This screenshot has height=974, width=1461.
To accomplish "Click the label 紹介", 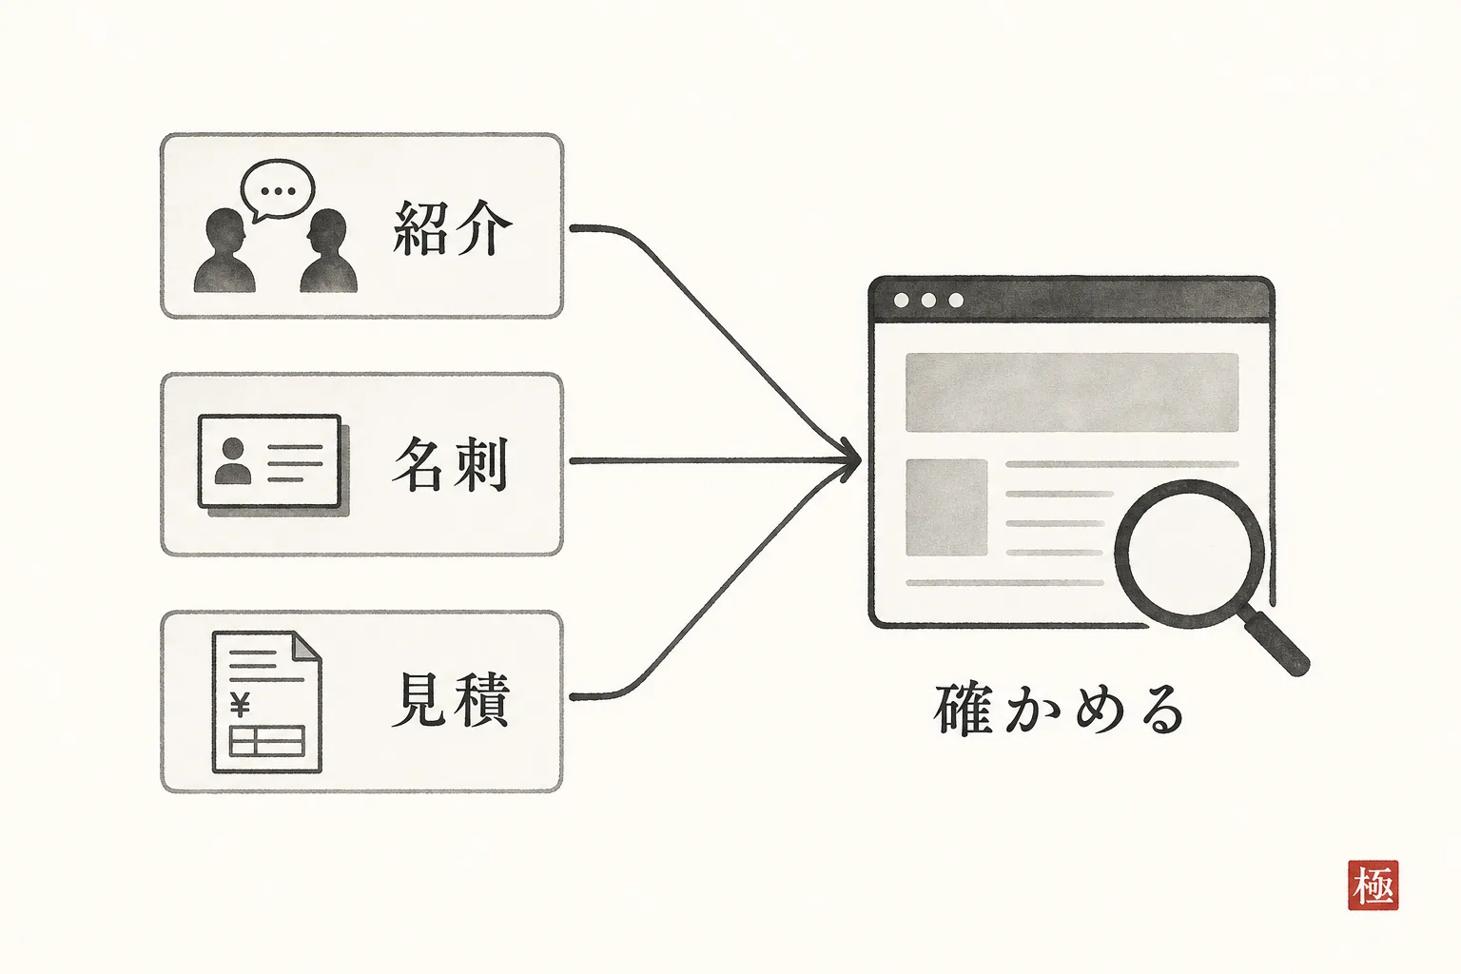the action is pyautogui.click(x=453, y=227).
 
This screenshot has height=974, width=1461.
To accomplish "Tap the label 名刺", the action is pyautogui.click(x=450, y=464).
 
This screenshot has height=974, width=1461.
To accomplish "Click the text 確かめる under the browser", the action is pyautogui.click(x=1059, y=710).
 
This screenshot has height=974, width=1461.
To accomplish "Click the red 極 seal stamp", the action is pyautogui.click(x=1373, y=886).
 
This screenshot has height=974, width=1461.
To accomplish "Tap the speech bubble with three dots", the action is pyautogui.click(x=277, y=190).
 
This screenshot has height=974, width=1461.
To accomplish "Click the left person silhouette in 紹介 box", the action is pyautogui.click(x=224, y=250).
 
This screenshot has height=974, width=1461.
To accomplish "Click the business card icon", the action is pyautogui.click(x=273, y=465).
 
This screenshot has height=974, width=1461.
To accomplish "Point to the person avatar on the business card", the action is pyautogui.click(x=233, y=460).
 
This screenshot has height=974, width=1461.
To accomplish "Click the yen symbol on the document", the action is pyautogui.click(x=240, y=705).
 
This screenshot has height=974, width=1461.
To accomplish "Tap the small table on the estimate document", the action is pyautogui.click(x=266, y=740).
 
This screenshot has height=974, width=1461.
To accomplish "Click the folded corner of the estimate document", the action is pyautogui.click(x=306, y=645).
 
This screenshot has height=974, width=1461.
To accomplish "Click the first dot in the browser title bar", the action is pyautogui.click(x=901, y=300).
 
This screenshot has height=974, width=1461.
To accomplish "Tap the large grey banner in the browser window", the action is pyautogui.click(x=1072, y=392).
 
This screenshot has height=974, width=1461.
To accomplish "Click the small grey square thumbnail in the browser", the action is pyautogui.click(x=946, y=508).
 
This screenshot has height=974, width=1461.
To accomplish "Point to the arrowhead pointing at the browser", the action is pyautogui.click(x=847, y=460).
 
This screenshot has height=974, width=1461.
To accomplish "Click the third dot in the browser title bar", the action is pyautogui.click(x=956, y=300).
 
